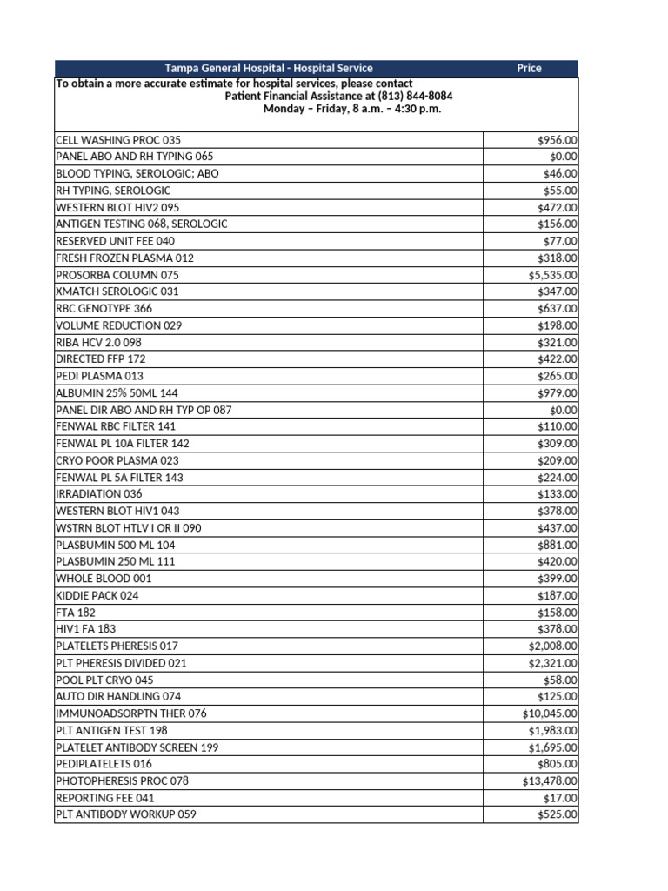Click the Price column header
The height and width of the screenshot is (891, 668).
coord(529,68)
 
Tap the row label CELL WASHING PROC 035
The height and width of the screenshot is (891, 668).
coord(118,139)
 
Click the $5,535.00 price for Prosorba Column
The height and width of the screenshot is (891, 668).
coord(552,275)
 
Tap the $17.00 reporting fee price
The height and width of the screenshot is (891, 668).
coord(558,798)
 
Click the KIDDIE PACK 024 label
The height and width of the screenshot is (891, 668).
coord(97,595)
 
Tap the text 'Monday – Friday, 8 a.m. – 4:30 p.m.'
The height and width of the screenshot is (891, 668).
coord(346,109)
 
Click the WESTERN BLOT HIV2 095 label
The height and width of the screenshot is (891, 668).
coord(119,207)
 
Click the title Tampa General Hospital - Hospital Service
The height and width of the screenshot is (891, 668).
coord(269,68)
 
